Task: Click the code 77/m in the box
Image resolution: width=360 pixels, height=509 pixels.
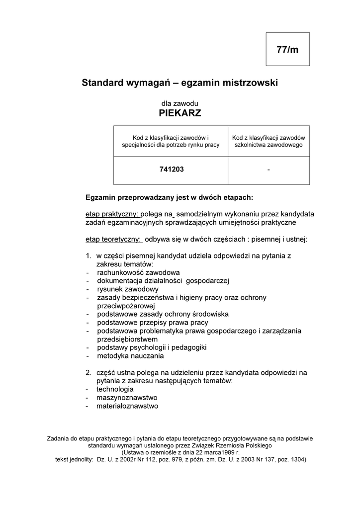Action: coord(287,49)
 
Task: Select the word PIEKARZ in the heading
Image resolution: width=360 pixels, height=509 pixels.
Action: coord(180,113)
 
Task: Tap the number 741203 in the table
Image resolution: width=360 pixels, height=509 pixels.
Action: coord(172,170)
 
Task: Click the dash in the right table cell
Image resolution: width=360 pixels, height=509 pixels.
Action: coord(269,170)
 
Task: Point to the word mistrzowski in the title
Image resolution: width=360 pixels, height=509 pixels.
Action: coord(249,83)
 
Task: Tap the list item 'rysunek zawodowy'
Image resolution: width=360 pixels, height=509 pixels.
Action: coord(128,289)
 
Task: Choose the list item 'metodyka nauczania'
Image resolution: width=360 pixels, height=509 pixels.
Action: coord(130,356)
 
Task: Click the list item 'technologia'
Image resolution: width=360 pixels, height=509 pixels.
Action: coord(115,389)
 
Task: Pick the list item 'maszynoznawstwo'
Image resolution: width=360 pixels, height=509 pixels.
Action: coord(127,397)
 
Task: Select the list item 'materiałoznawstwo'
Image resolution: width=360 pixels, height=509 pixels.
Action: coord(128,406)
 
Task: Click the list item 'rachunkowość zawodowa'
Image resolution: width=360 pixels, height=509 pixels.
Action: coord(138,272)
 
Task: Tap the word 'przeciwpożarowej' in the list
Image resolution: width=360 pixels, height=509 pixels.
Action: coord(127,306)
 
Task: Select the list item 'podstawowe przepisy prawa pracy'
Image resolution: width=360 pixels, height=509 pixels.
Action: coord(153,323)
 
